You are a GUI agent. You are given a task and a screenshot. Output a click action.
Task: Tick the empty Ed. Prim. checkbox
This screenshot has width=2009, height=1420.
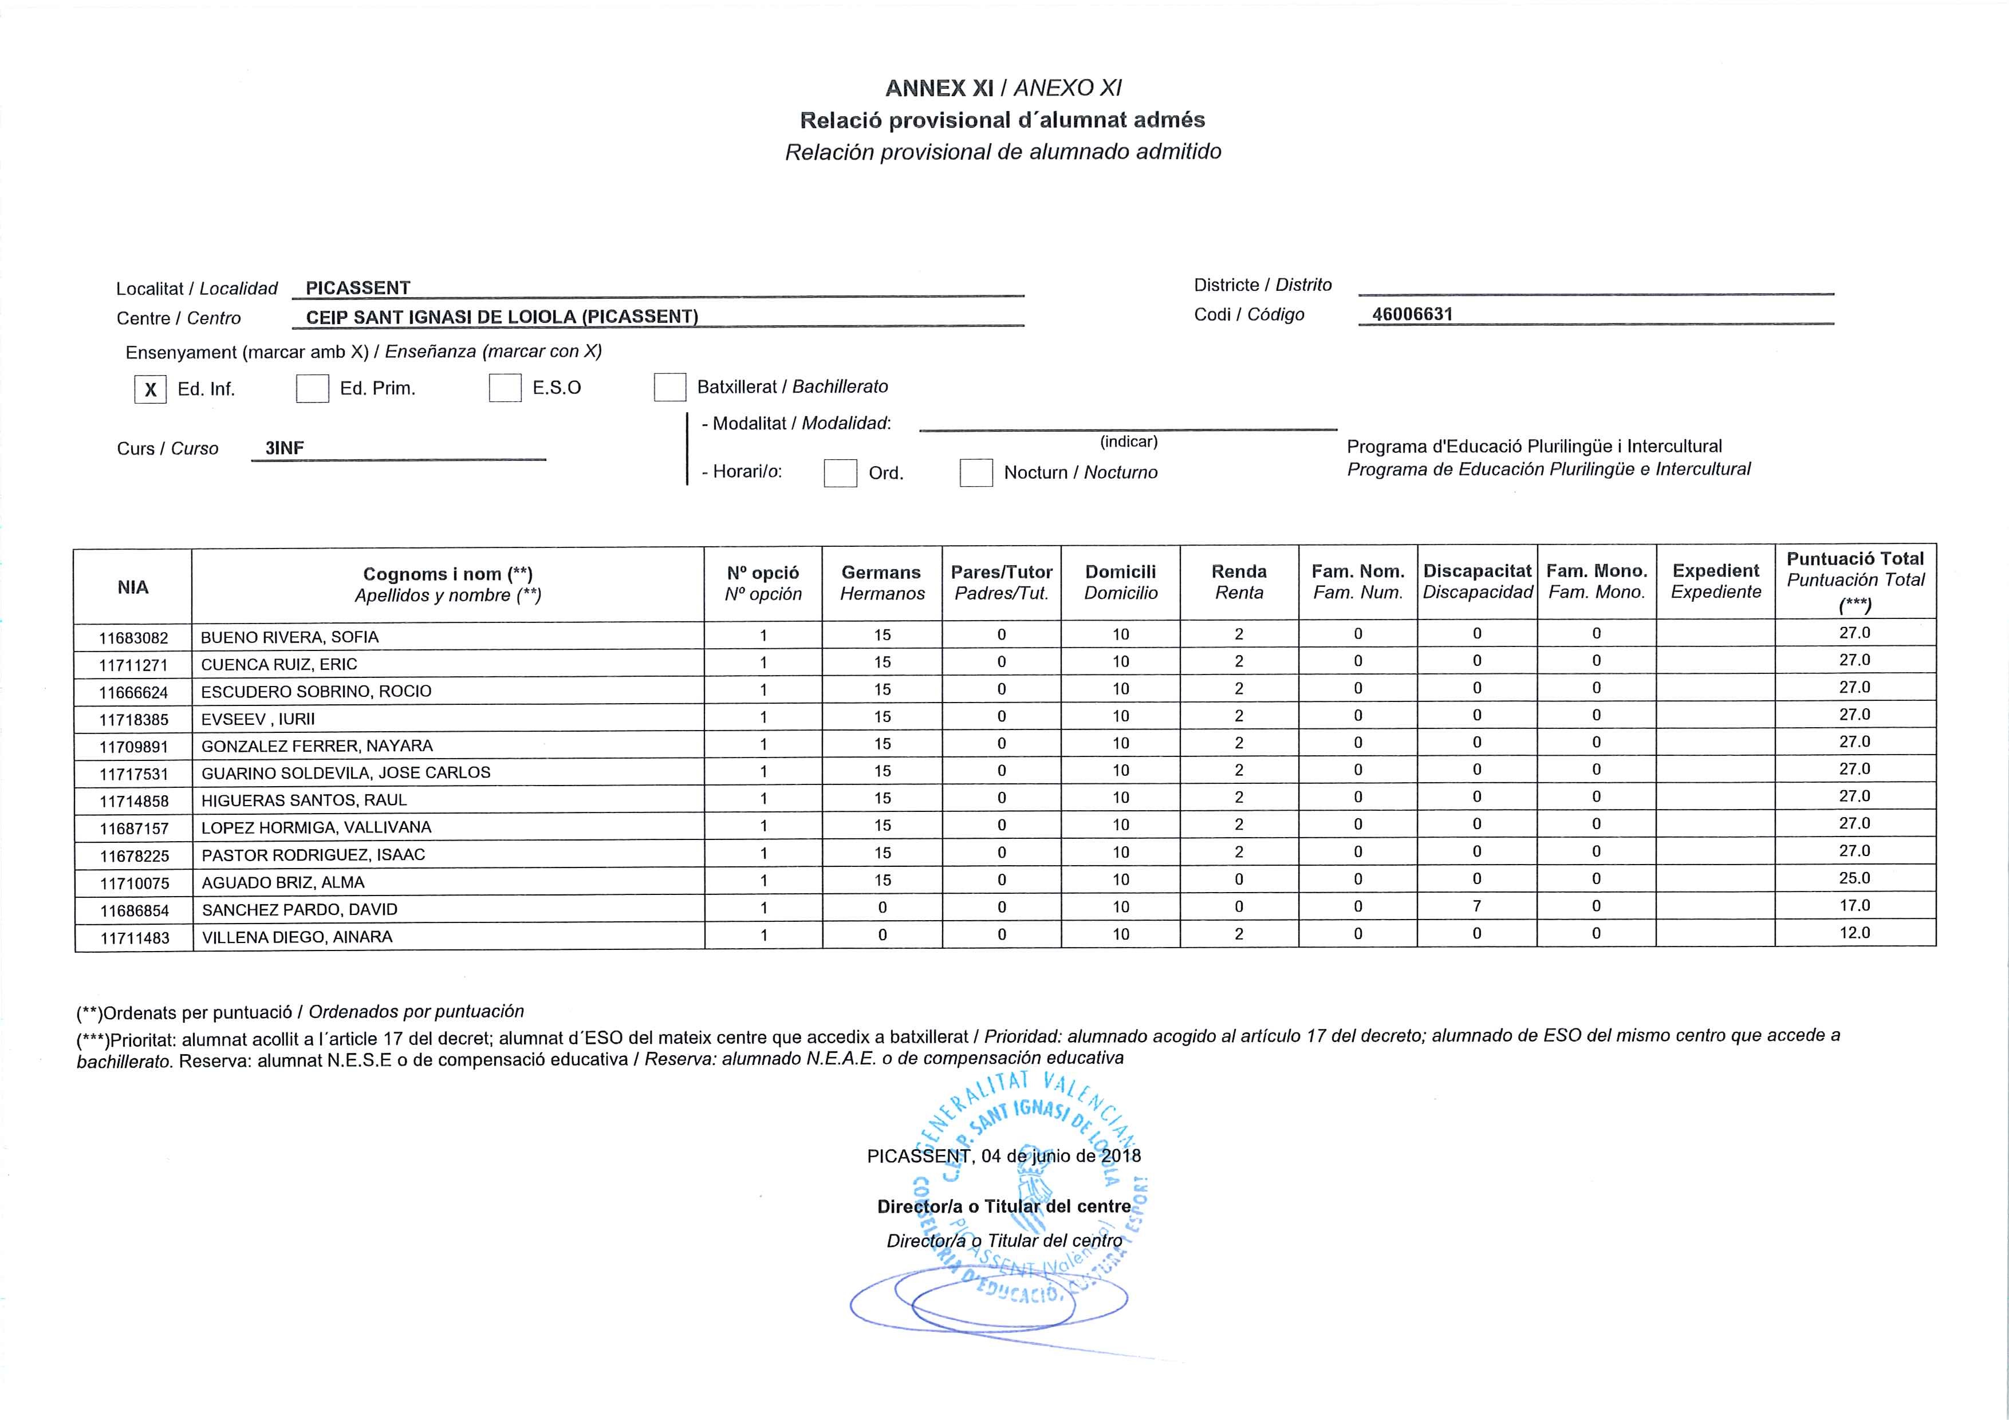[312, 388]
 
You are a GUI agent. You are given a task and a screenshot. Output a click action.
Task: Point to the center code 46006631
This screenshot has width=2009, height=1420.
[1412, 314]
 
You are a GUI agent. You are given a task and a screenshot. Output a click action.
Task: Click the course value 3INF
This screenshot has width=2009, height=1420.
[285, 448]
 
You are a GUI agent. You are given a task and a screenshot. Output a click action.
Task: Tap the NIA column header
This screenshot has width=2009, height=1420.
[133, 587]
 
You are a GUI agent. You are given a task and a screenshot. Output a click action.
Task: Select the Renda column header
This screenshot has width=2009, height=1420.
[1239, 582]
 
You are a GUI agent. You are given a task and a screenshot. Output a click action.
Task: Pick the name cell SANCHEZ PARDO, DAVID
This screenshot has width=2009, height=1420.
[300, 910]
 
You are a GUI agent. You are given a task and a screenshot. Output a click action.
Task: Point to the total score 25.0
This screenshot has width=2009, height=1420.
[1854, 878]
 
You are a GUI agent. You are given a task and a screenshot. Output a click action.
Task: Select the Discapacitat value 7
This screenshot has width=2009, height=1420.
[1477, 906]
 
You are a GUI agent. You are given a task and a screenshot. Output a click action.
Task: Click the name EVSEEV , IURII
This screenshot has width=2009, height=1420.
[258, 719]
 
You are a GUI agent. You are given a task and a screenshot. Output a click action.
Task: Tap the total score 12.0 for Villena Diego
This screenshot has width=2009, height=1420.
[1854, 933]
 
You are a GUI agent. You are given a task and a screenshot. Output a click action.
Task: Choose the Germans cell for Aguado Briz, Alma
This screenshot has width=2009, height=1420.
[882, 880]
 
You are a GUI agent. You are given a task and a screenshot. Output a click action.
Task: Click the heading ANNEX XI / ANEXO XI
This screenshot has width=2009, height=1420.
[1003, 88]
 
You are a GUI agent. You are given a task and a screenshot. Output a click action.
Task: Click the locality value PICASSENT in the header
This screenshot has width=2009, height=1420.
[358, 288]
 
